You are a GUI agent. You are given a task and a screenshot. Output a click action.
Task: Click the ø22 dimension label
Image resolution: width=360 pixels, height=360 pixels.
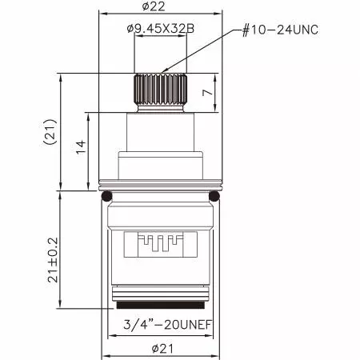pos(154,6)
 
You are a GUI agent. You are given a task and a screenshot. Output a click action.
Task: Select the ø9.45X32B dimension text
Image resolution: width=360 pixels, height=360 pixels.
pos(161,28)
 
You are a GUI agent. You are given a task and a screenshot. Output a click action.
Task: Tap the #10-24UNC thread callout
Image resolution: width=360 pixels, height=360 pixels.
pos(280,30)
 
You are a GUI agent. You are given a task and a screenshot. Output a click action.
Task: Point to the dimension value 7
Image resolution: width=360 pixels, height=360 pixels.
pos(208,93)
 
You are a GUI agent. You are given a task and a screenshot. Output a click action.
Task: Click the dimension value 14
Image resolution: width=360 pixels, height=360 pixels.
pos(82,146)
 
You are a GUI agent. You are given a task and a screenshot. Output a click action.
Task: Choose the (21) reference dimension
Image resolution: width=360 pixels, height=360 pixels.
pos(50,132)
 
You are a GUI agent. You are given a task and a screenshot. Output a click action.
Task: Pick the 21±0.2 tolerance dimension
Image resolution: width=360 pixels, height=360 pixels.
pos(53,260)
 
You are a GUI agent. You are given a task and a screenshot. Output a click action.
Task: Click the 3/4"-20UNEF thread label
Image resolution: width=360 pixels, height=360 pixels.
pos(168,325)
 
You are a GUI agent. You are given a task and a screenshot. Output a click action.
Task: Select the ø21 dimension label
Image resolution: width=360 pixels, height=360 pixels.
pos(162,349)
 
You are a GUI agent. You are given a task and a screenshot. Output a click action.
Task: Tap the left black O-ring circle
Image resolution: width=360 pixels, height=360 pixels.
pos(107,197)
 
